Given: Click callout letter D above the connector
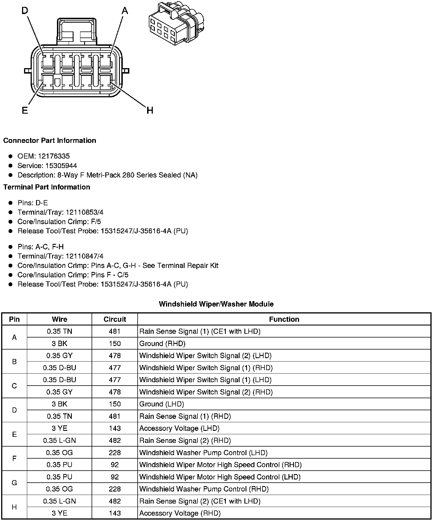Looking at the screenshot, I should point(25,11).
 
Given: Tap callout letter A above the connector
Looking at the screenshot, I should point(125,11).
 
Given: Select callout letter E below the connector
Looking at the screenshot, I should point(25,110).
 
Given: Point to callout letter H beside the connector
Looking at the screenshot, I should point(150,110).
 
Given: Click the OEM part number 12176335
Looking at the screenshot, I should point(54,156).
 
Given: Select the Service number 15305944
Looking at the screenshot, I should point(61,165).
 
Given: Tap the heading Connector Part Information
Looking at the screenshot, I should point(50,141).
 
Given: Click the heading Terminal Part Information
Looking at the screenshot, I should point(47,187).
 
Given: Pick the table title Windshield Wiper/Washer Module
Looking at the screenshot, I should point(216,304).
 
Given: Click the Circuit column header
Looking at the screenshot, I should point(115,319).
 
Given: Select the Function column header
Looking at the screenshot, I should point(284,319).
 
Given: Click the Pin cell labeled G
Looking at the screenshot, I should point(14,483).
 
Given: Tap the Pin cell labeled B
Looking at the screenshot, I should point(14,362).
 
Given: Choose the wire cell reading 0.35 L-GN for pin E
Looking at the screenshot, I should point(60,441).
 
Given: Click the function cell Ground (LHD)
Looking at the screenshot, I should point(162,404).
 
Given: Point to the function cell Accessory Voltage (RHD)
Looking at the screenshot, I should point(180,513).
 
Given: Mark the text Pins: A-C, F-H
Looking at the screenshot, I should point(41,247).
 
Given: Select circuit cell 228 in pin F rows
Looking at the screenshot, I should point(115,453).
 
